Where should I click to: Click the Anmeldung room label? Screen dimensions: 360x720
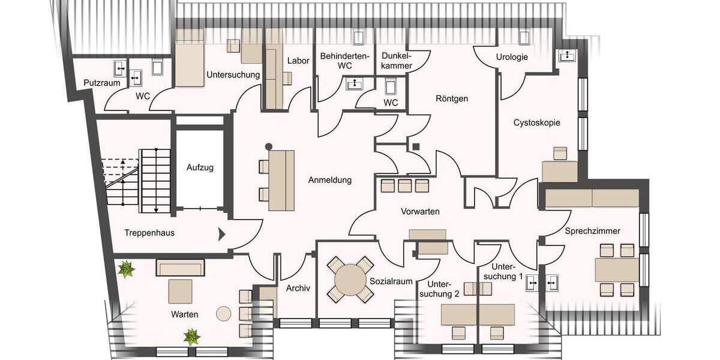coord(329,180)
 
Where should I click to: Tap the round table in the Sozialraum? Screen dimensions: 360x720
coord(349,279)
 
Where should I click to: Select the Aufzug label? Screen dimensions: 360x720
coord(200,167)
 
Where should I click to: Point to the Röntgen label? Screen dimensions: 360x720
coord(452,98)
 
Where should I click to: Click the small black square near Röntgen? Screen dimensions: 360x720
coord(415,145)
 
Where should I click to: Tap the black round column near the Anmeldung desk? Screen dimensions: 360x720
coord(269,146)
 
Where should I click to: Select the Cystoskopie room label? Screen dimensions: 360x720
coord(536,122)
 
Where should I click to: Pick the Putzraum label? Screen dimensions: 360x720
coord(101,83)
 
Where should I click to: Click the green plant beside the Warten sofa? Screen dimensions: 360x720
coord(127,269)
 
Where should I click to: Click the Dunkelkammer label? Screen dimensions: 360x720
coord(396,60)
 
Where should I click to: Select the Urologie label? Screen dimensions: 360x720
coord(512,57)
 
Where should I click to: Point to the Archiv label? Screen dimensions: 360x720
coord(298,287)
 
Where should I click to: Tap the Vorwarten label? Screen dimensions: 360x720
coord(420,212)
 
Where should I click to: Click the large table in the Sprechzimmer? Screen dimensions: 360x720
coord(617,270)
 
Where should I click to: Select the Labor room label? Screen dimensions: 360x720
coord(298,61)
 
